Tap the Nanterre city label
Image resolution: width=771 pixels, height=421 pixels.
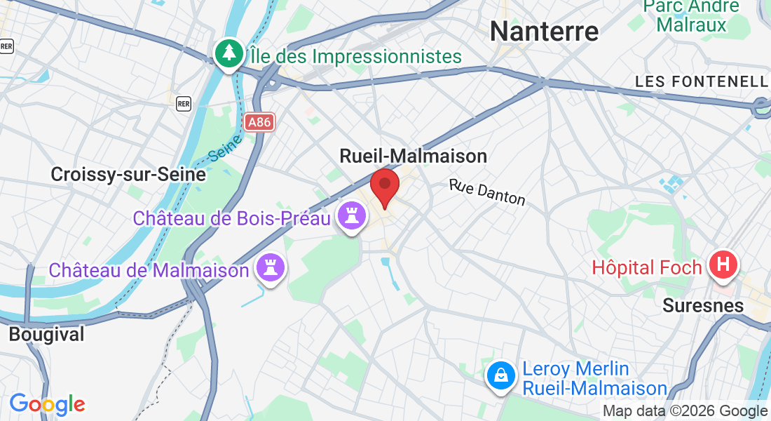coord(544,32)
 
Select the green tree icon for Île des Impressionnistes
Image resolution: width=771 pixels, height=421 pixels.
coord(229,53)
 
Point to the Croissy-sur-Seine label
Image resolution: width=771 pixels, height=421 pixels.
coord(128,175)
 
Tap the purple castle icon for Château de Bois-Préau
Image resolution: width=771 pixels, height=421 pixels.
coord(352,216)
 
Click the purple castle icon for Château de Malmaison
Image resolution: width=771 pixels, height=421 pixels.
coord(271,268)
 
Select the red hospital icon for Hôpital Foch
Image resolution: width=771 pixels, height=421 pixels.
coord(724,265)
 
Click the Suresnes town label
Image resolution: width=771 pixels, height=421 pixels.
coord(703,306)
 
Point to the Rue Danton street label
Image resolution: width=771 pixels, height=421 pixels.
coord(487,192)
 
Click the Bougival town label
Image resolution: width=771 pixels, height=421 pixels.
coord(46,334)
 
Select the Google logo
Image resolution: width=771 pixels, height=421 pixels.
coord(47,404)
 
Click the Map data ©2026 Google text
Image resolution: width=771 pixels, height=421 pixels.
coord(685,411)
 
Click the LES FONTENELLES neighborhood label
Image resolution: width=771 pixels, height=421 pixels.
coord(702,82)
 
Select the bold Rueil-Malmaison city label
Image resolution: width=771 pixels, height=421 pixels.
coord(413,156)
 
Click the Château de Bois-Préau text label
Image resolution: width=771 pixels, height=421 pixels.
coord(231,218)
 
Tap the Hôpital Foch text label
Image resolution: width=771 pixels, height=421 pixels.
coord(647,267)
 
